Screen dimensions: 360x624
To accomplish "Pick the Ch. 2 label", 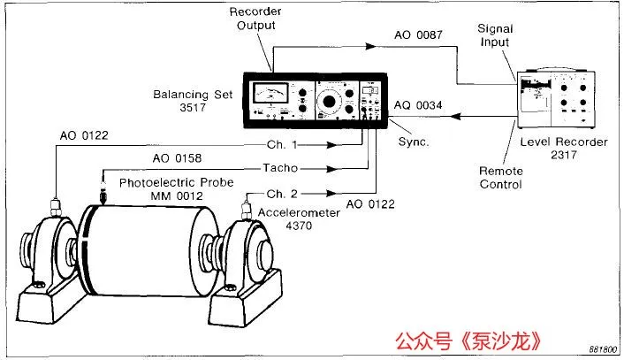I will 281,194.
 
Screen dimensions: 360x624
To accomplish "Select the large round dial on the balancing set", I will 329,102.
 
